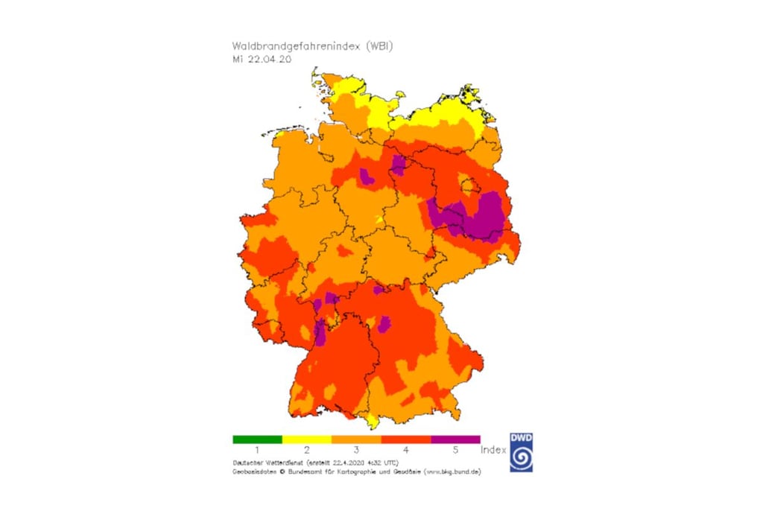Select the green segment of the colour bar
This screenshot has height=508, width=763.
click(x=257, y=439)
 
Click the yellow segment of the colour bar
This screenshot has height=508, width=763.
click(x=306, y=439)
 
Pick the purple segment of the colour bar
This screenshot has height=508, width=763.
click(x=455, y=439)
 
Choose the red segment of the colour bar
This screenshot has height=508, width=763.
click(x=405, y=439)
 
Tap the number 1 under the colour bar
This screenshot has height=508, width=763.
click(x=257, y=451)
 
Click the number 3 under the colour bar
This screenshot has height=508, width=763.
click(x=356, y=451)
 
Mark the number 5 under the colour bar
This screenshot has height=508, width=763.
click(x=455, y=451)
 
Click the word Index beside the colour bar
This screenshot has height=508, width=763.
click(x=493, y=450)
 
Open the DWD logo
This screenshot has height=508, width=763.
click(x=522, y=452)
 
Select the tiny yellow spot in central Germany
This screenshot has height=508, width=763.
click(x=379, y=220)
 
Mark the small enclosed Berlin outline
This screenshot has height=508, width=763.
click(x=469, y=185)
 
